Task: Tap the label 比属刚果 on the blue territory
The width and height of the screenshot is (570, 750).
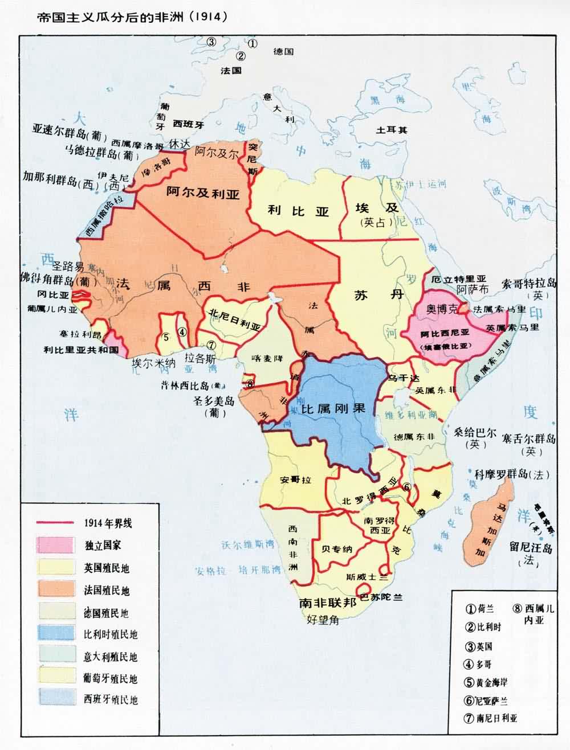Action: tap(333, 408)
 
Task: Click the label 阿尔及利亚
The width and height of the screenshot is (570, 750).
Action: tap(203, 192)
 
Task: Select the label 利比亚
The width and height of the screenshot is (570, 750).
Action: tap(299, 211)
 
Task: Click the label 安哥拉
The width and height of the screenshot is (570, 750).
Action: tap(296, 480)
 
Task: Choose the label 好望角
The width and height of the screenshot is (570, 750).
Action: tap(323, 620)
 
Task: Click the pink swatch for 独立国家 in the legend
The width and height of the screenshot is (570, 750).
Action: tap(55, 545)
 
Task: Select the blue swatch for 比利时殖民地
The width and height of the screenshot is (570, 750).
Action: tap(55, 634)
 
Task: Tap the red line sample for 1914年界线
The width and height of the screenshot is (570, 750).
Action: tap(55, 523)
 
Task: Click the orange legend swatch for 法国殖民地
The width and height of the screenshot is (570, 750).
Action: tap(55, 589)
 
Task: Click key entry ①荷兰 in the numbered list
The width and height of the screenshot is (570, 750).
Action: tap(479, 609)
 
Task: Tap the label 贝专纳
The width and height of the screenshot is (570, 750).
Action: tap(337, 549)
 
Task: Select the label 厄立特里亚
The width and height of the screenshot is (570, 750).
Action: tap(459, 279)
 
